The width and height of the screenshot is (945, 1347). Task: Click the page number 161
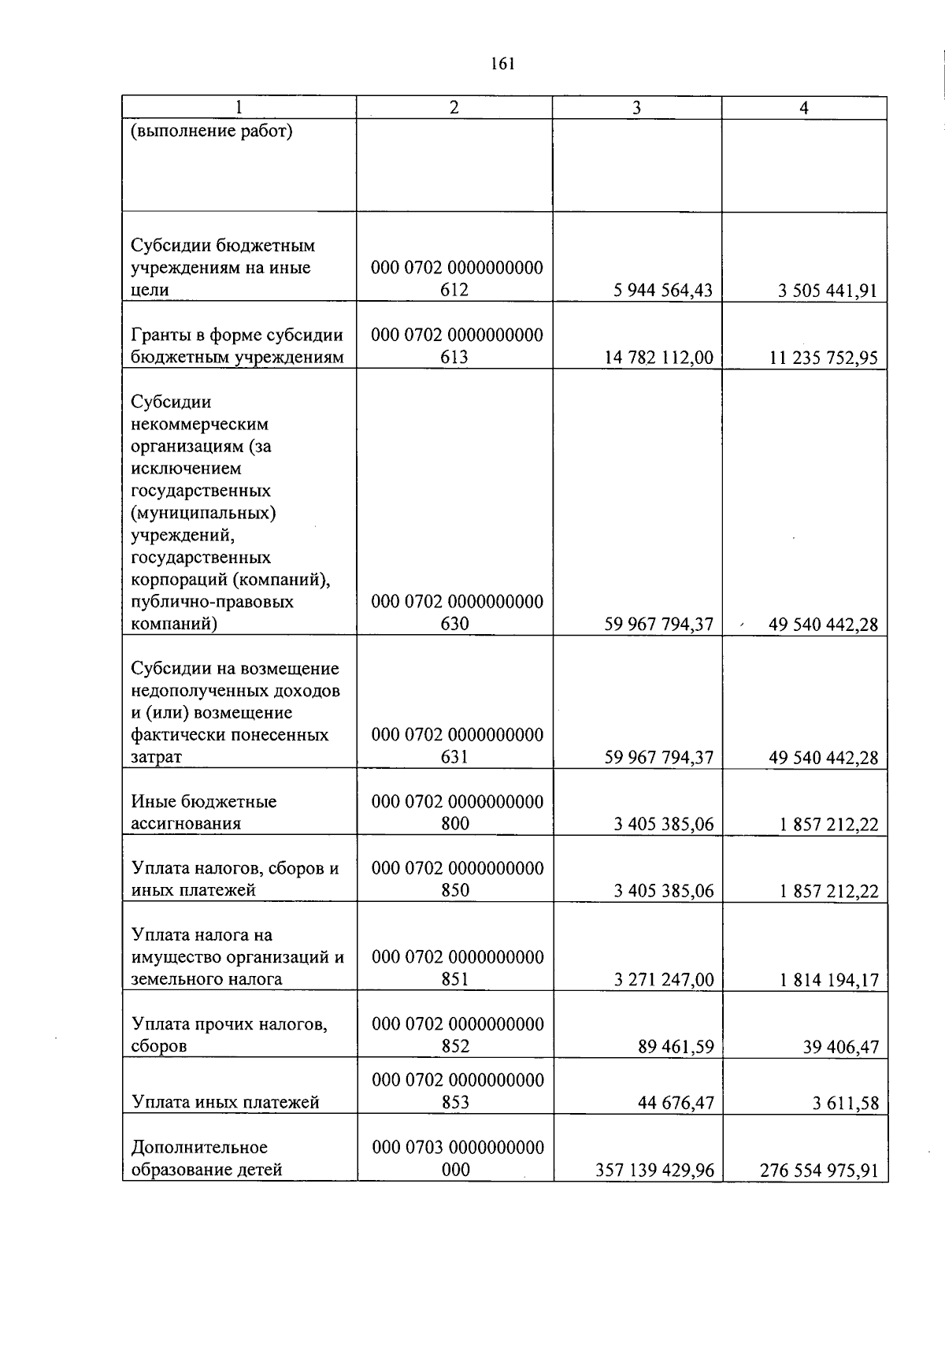(502, 65)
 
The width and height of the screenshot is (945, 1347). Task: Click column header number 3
(636, 109)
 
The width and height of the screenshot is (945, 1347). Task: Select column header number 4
(804, 109)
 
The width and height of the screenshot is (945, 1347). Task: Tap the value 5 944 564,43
(663, 291)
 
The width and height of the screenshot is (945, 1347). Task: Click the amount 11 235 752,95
(824, 358)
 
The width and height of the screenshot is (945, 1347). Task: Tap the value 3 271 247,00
(663, 980)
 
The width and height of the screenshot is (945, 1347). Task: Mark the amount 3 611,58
(845, 1103)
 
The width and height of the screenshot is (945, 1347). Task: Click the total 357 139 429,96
(654, 1171)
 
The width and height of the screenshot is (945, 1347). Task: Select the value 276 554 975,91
(819, 1171)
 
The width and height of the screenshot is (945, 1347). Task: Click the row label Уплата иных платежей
(226, 1102)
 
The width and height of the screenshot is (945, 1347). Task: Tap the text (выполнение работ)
(211, 131)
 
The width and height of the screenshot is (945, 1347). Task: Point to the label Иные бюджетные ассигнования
(204, 812)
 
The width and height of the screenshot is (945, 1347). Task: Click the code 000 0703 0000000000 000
(457, 1158)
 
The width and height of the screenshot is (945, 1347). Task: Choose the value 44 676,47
(675, 1103)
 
